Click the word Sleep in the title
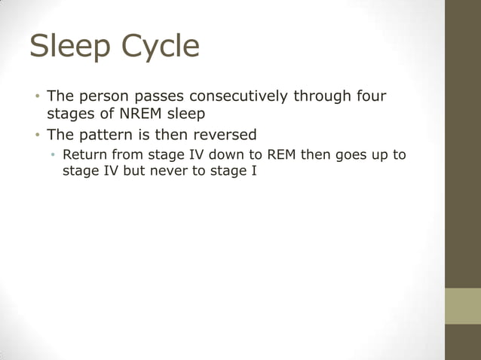click(x=65, y=47)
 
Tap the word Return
click(x=84, y=155)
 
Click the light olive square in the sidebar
click(x=463, y=306)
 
